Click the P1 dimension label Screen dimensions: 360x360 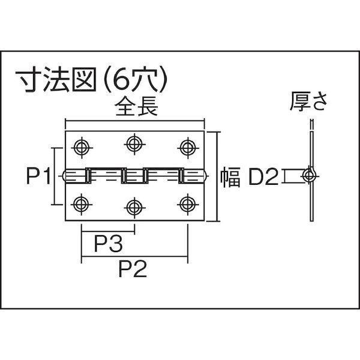click(x=38, y=176)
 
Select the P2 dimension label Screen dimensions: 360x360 click(x=133, y=269)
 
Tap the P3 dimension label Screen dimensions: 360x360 click(x=108, y=244)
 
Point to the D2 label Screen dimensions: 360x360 click(x=263, y=176)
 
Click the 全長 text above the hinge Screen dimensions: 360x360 click(x=137, y=107)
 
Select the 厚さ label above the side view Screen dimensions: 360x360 click(x=308, y=101)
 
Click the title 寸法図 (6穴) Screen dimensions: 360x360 click(x=91, y=79)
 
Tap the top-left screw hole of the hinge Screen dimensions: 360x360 click(x=82, y=148)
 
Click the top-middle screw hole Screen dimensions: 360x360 click(x=134, y=144)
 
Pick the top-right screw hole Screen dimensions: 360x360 click(x=188, y=148)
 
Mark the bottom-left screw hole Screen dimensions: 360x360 click(x=82, y=204)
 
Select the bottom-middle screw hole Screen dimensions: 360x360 click(x=134, y=208)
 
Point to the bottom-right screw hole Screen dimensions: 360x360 click(x=188, y=204)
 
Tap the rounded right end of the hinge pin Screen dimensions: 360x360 click(x=206, y=176)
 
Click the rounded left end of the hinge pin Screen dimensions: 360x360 click(x=64, y=176)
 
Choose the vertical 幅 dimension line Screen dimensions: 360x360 click(x=217, y=176)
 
